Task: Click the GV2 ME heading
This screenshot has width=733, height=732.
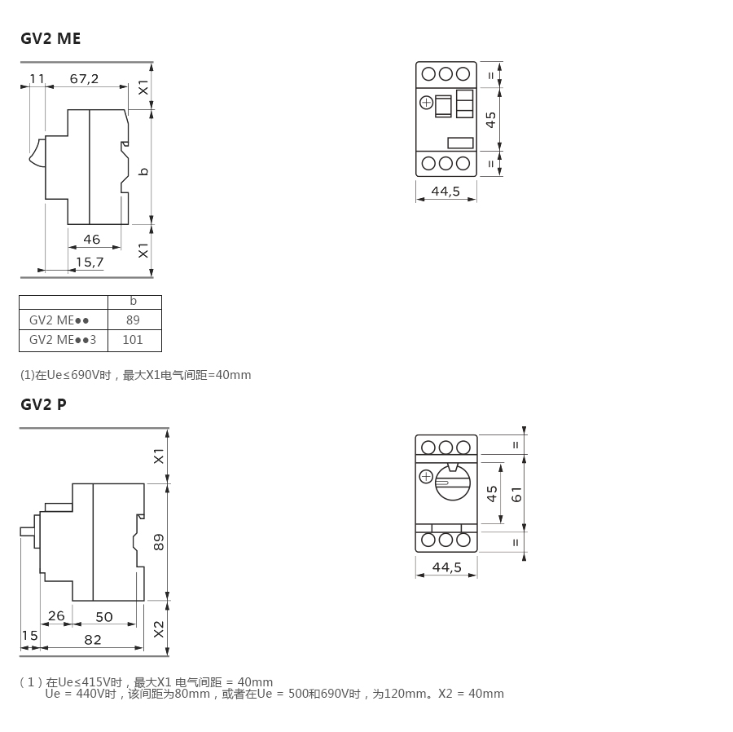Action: click(50, 38)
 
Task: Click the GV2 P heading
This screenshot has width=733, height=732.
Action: click(44, 404)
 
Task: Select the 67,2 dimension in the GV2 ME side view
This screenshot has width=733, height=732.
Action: click(84, 79)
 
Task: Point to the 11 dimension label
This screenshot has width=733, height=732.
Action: click(37, 79)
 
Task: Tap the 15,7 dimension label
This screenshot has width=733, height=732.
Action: click(90, 262)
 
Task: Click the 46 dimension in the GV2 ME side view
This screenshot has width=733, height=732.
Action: click(91, 240)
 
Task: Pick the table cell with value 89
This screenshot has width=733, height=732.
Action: click(134, 320)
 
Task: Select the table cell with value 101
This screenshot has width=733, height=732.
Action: click(133, 340)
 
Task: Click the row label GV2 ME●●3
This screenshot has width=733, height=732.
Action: click(63, 340)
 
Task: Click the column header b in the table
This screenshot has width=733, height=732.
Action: click(134, 302)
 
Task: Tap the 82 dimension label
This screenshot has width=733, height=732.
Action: click(93, 640)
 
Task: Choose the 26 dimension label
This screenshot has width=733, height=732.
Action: click(56, 615)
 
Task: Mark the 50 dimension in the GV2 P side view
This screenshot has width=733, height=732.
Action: click(104, 617)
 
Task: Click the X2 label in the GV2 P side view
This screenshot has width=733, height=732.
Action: click(159, 628)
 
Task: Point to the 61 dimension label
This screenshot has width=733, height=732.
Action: click(516, 493)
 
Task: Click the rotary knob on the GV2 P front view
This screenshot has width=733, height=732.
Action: click(452, 481)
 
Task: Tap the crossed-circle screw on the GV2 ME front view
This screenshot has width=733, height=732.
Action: click(426, 103)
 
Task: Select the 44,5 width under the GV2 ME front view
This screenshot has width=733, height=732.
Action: click(446, 192)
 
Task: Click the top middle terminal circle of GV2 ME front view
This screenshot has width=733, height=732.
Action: click(446, 73)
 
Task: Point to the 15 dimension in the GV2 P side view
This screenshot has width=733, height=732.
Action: click(29, 636)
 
